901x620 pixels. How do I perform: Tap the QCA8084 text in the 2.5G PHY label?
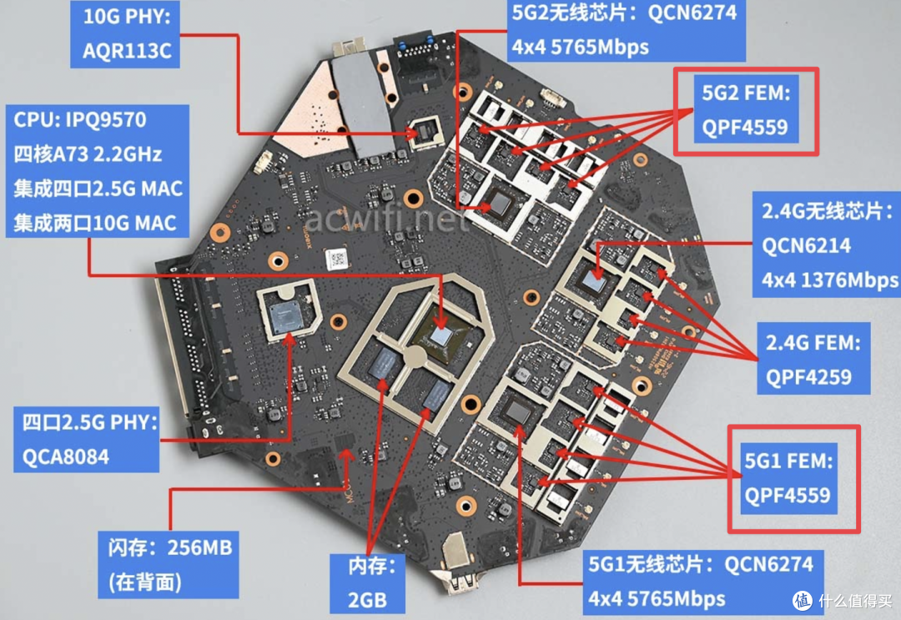(66, 456)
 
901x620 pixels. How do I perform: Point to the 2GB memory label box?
(367, 582)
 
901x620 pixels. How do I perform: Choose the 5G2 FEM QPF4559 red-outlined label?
(746, 111)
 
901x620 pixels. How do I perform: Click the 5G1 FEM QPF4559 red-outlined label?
(793, 478)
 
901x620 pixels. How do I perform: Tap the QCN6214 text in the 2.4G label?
(806, 246)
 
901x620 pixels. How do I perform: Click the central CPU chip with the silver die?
(440, 335)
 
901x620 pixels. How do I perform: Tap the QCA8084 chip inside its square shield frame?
(288, 313)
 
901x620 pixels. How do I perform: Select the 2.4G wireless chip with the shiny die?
(596, 280)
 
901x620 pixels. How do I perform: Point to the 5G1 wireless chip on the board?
(517, 411)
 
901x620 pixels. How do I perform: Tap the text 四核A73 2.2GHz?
(88, 154)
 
